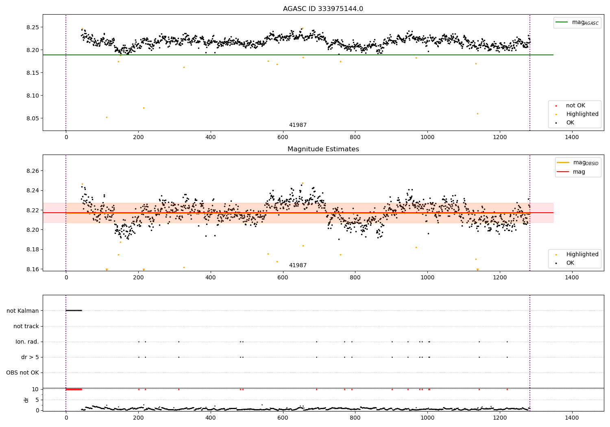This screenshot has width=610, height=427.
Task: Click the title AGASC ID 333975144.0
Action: click(323, 9)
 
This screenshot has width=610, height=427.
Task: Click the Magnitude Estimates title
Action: click(323, 149)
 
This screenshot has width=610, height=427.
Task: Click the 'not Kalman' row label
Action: click(23, 311)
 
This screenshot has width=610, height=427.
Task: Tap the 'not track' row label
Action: click(26, 326)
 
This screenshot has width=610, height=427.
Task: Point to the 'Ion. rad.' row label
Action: click(27, 342)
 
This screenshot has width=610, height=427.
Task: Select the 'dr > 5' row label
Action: click(30, 357)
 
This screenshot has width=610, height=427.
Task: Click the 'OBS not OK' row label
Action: click(22, 373)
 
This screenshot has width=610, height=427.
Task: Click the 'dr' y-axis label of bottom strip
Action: click(26, 400)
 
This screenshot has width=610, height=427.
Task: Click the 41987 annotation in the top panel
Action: click(298, 125)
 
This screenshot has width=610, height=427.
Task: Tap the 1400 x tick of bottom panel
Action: click(572, 418)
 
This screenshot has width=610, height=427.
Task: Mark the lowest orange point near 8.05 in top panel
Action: click(107, 117)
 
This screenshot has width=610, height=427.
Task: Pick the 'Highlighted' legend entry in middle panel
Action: click(582, 255)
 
